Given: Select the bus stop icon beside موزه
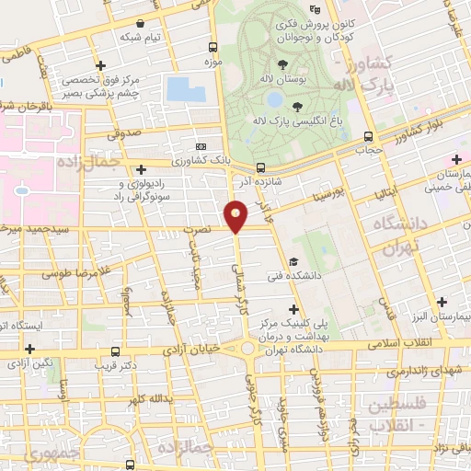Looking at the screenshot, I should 213,48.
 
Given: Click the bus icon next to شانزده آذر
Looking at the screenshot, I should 261,168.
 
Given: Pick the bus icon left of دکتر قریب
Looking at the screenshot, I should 115,351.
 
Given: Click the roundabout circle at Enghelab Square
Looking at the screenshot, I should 248,349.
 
